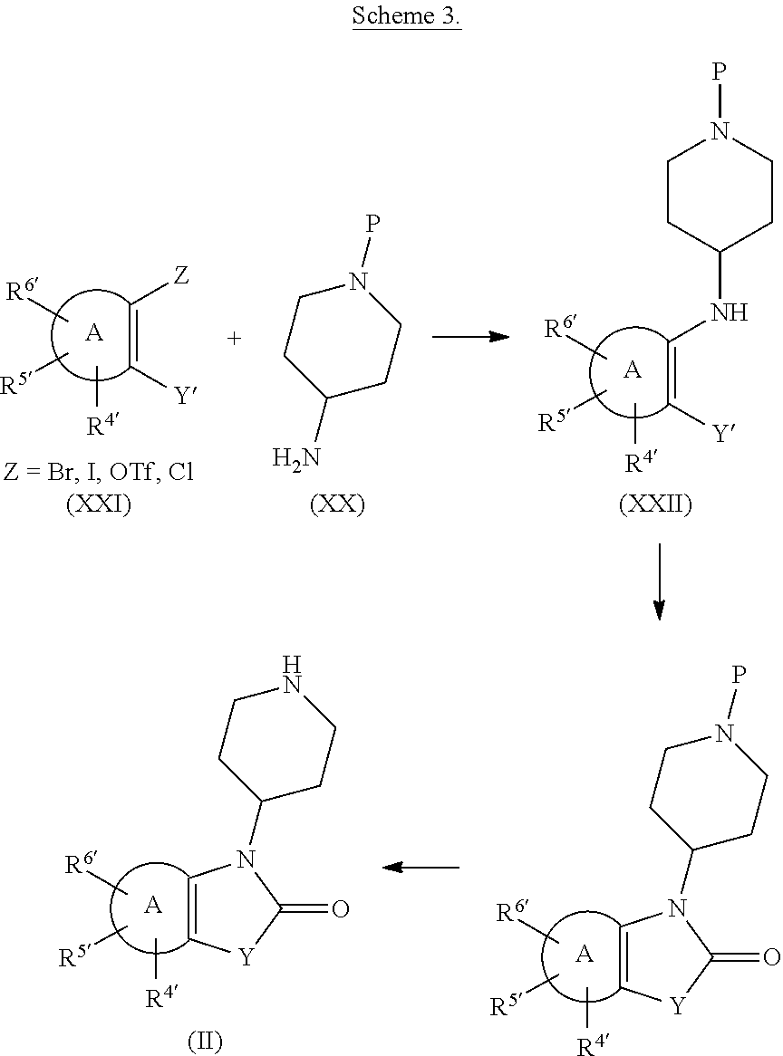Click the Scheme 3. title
point(406,14)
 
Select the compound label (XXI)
point(99,504)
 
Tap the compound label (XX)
point(337,504)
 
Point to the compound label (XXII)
point(655,504)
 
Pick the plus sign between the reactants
point(234,338)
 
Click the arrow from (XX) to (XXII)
point(470,336)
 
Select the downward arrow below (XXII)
point(659,581)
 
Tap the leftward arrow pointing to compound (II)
point(421,867)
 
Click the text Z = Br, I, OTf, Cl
point(99,472)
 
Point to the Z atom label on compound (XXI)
point(181,275)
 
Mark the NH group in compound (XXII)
point(729,312)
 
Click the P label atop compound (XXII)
point(720,72)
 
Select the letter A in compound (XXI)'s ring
point(93,332)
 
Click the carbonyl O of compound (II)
point(340,909)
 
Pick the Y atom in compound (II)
point(247,957)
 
